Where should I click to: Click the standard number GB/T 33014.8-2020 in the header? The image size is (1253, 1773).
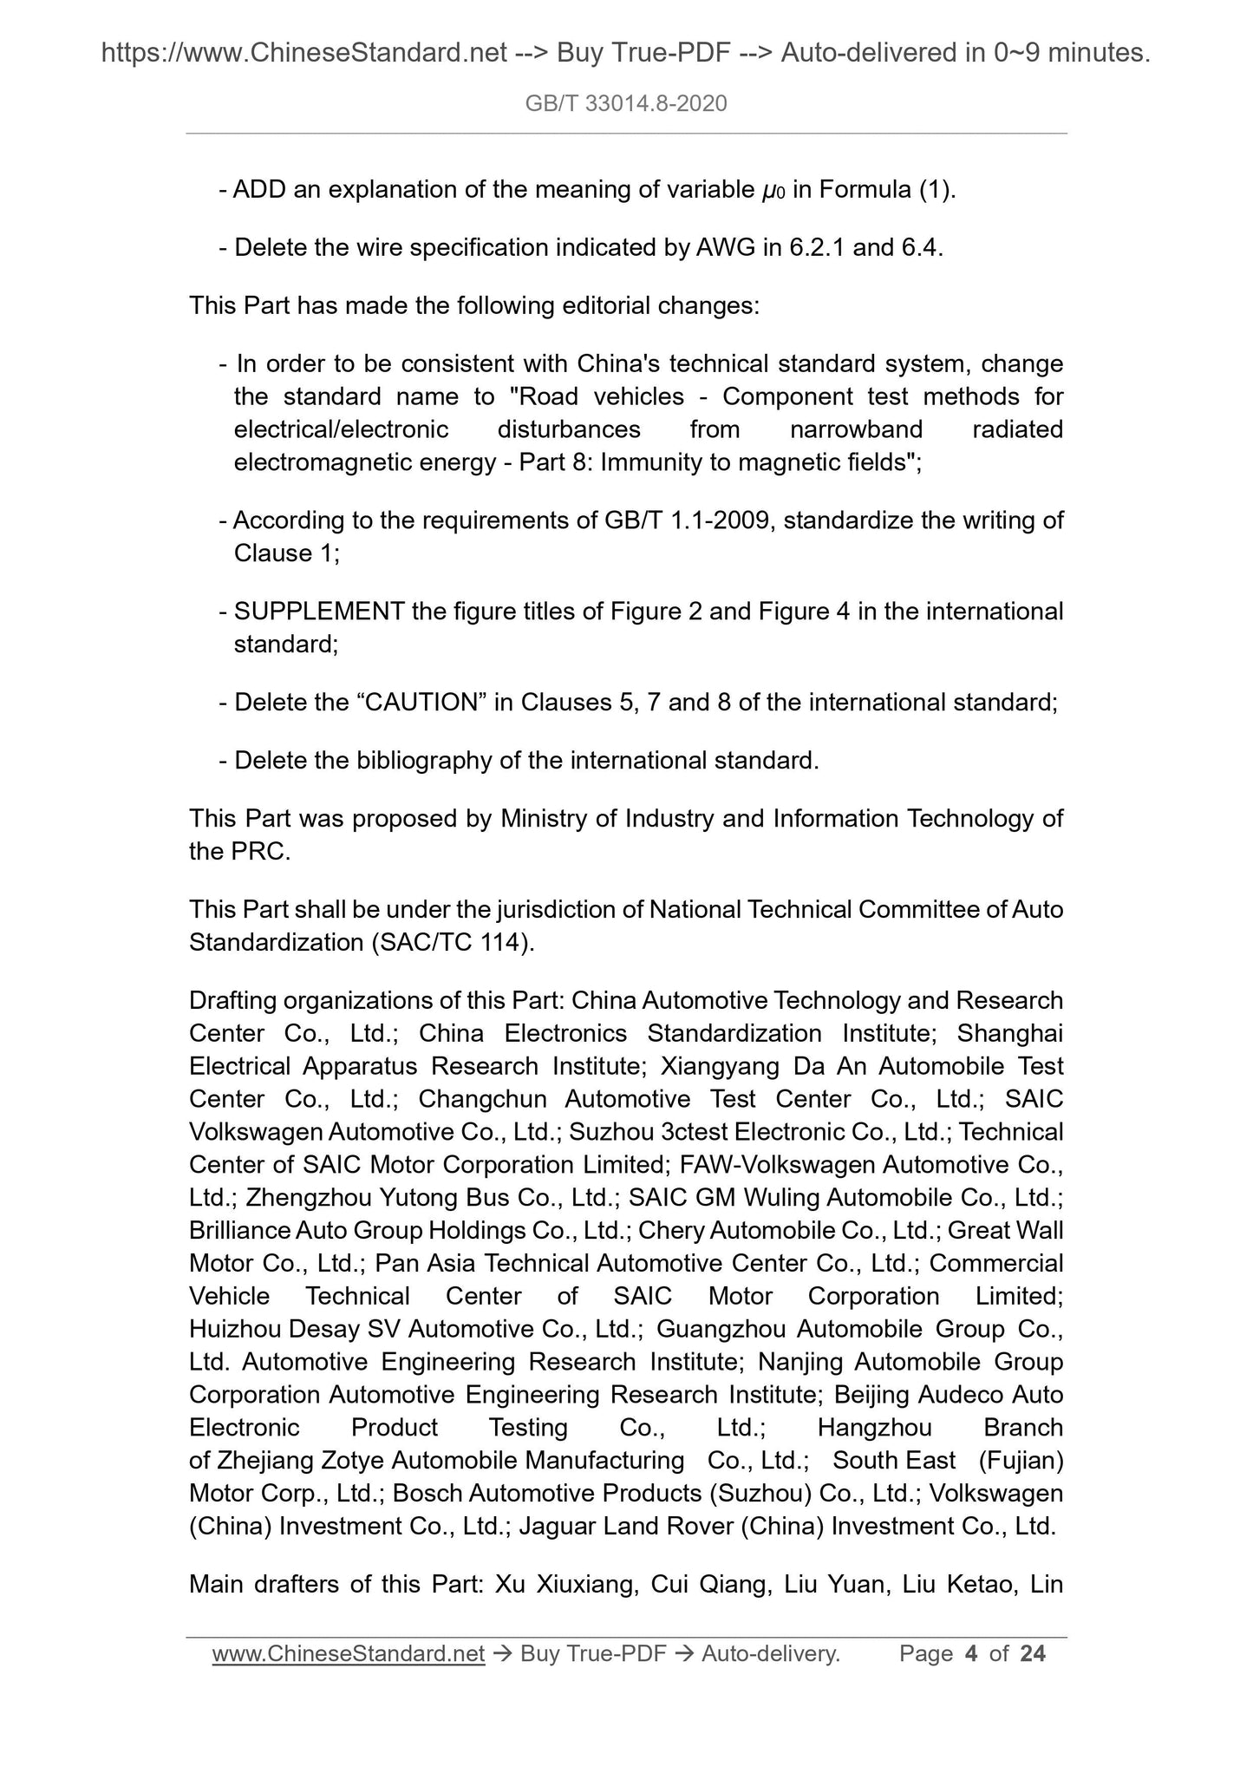626,104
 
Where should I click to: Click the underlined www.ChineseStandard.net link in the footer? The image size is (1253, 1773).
348,1654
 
